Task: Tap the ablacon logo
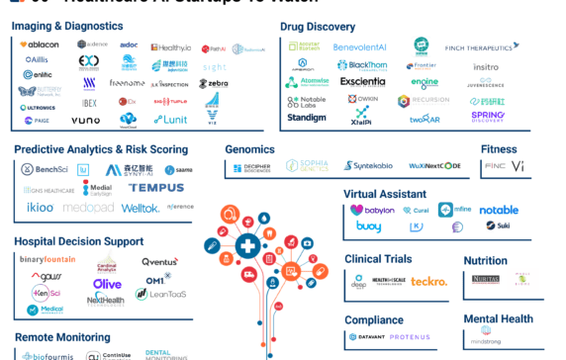click(x=40, y=45)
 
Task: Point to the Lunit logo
click(x=170, y=120)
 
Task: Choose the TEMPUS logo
click(x=155, y=188)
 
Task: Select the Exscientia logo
click(x=363, y=82)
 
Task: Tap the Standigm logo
click(x=307, y=118)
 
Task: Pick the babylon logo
click(x=371, y=210)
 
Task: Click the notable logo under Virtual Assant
click(x=499, y=210)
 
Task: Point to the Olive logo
click(x=107, y=284)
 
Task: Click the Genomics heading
click(x=249, y=149)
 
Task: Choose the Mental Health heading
click(x=500, y=318)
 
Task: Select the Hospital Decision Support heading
click(x=78, y=241)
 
